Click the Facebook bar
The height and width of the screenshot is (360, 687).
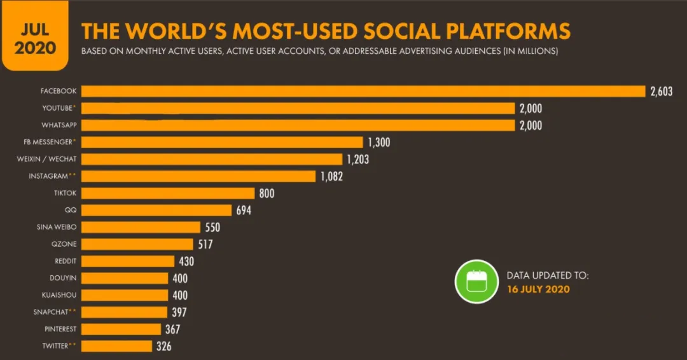pos(363,91)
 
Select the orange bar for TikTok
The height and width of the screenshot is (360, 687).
pos(168,193)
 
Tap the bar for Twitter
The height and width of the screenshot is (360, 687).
pos(117,346)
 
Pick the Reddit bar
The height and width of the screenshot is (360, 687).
pos(128,261)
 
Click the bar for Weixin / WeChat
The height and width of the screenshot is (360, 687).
pos(212,159)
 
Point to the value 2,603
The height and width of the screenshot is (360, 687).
pos(661,92)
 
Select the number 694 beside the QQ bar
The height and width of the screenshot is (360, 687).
pos(243,210)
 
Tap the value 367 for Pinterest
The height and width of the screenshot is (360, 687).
pos(172,329)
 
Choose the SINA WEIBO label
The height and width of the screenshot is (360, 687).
pos(56,227)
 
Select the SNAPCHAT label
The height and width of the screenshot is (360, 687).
pos(52,312)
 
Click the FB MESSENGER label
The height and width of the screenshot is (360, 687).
pos(50,142)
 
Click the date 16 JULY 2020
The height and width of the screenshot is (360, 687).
pos(538,289)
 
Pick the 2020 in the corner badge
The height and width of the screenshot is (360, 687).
pos(35,48)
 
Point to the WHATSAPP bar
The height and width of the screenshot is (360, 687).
pos(298,125)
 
